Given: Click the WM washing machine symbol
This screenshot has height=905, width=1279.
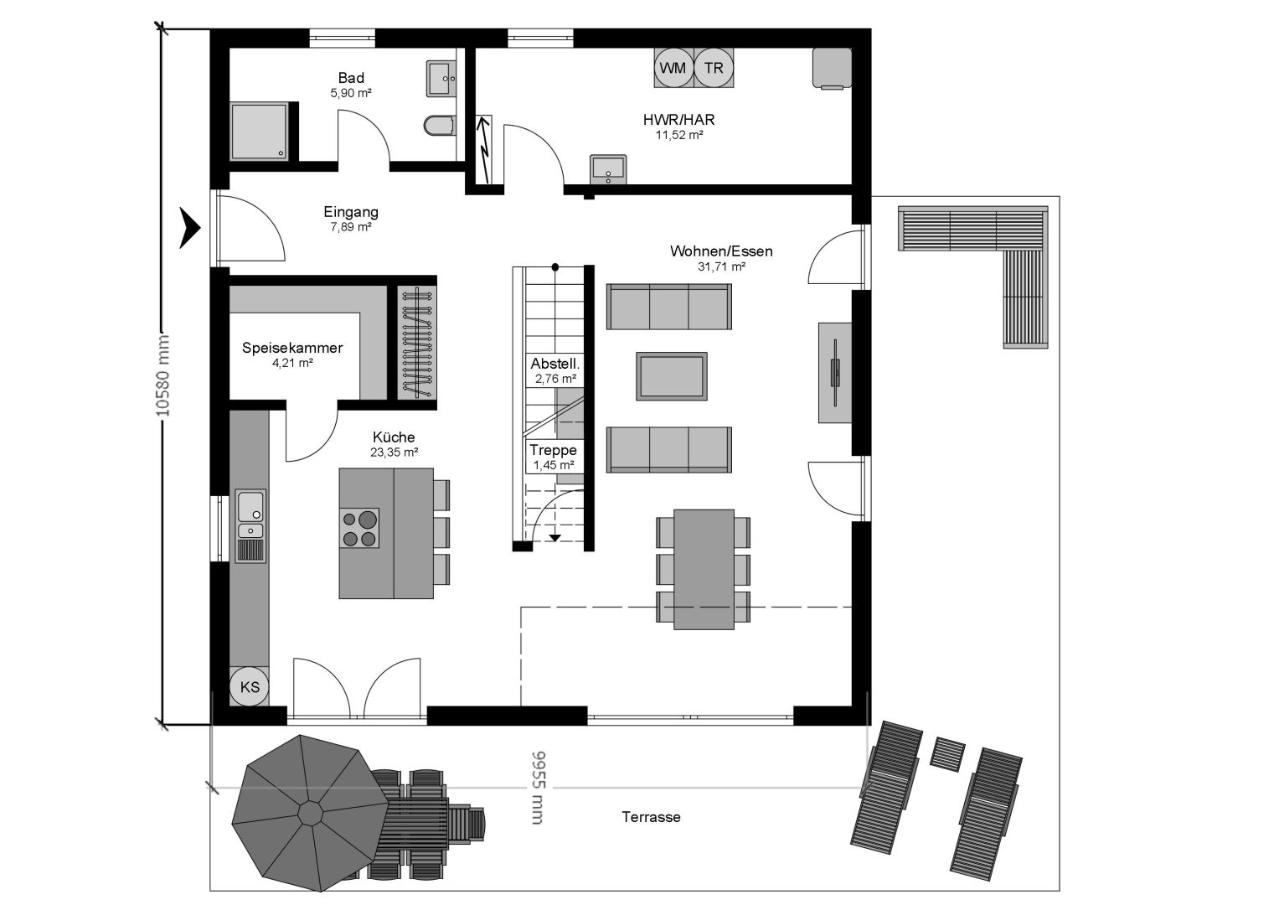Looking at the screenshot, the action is [673, 68].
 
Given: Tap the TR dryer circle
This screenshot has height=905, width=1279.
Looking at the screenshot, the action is [714, 68].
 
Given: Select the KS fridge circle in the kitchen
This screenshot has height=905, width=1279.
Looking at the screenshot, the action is [249, 686].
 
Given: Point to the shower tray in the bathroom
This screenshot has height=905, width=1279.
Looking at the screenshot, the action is [259, 132].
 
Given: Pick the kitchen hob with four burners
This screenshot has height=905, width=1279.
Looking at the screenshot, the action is [358, 528].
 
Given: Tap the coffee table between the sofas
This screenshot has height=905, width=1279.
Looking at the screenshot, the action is [672, 376].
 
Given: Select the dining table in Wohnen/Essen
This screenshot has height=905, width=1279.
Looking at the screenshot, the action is [704, 570].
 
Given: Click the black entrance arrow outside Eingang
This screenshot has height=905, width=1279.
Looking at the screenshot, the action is [191, 228].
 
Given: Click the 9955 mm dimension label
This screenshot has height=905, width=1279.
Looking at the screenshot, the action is [538, 788].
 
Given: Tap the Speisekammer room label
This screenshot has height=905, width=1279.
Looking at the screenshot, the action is [292, 348].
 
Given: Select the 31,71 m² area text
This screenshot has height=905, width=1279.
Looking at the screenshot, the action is [721, 266].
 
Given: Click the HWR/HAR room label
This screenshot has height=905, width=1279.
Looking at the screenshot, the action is [679, 119].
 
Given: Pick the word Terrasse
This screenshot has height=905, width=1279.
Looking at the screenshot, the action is [651, 817].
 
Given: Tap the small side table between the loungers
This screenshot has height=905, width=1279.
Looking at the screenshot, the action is [947, 754].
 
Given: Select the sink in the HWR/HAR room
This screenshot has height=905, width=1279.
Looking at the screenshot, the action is [608, 169].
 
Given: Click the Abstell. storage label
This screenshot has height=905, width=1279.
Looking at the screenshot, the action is [555, 364].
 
